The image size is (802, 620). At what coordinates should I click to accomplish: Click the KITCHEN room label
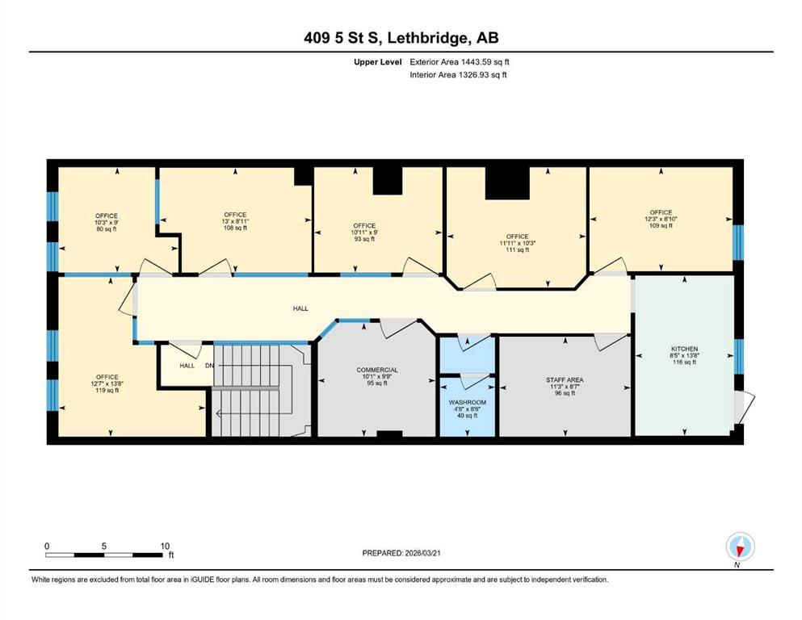point(684,349)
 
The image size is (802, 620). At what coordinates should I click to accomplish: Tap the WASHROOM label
point(468,402)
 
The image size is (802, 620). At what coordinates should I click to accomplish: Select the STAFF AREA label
point(565,379)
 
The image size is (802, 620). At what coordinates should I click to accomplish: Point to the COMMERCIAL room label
point(377,370)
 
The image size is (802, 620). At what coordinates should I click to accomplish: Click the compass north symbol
point(740,547)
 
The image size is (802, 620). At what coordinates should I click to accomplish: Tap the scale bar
point(104,555)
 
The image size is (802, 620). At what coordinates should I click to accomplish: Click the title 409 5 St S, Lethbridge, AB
point(401,38)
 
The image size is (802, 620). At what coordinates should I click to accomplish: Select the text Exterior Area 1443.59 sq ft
point(460,62)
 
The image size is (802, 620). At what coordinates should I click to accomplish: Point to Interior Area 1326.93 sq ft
point(458,74)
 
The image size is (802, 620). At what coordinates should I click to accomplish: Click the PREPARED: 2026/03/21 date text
point(401,553)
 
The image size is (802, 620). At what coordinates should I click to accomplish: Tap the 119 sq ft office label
point(107,391)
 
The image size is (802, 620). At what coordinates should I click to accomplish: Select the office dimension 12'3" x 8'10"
point(661,219)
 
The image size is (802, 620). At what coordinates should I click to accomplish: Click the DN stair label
point(210,366)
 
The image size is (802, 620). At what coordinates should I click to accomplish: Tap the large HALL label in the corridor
point(300,308)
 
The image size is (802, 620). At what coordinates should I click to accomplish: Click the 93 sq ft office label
point(365,239)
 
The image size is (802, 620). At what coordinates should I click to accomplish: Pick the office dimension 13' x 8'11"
point(235,221)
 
